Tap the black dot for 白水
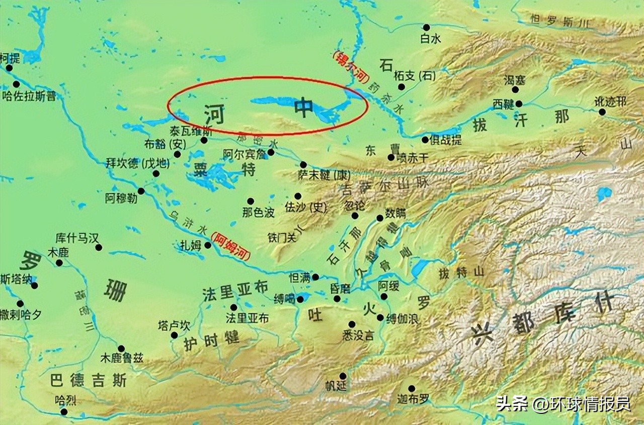426,27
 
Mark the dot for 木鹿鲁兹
121,348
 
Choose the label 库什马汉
77,238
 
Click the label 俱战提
445,140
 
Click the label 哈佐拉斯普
29,96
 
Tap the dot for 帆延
343,376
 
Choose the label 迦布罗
413,400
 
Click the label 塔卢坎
174,325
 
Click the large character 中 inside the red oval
304,107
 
